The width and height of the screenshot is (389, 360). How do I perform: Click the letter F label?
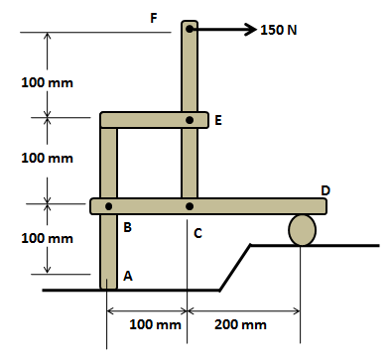pyautogui.click(x=152, y=17)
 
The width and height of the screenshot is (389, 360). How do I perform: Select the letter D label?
pyautogui.click(x=325, y=189)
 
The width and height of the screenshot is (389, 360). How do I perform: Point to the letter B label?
pyautogui.click(x=127, y=228)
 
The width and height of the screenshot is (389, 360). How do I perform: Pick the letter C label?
pyautogui.click(x=197, y=233)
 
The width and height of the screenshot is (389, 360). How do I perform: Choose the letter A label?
pyautogui.click(x=126, y=277)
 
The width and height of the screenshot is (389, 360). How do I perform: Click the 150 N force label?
pyautogui.click(x=279, y=30)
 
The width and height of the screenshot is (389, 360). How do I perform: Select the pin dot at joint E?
pyautogui.click(x=190, y=120)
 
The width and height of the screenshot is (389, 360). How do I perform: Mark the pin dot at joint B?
pyautogui.click(x=109, y=206)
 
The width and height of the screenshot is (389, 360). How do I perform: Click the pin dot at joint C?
pyautogui.click(x=190, y=206)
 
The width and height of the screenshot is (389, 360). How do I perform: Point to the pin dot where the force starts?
pyautogui.click(x=190, y=30)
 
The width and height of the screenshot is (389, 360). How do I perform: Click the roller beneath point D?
pyautogui.click(x=303, y=229)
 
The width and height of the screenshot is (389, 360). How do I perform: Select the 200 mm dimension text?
pyautogui.click(x=240, y=324)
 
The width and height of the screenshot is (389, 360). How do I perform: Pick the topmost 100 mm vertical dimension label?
pyautogui.click(x=48, y=81)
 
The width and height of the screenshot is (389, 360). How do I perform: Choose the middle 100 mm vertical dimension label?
pyautogui.click(x=48, y=158)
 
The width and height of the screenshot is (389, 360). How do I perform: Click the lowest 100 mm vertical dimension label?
pyautogui.click(x=48, y=239)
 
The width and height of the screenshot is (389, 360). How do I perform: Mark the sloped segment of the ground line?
pyautogui.click(x=235, y=267)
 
